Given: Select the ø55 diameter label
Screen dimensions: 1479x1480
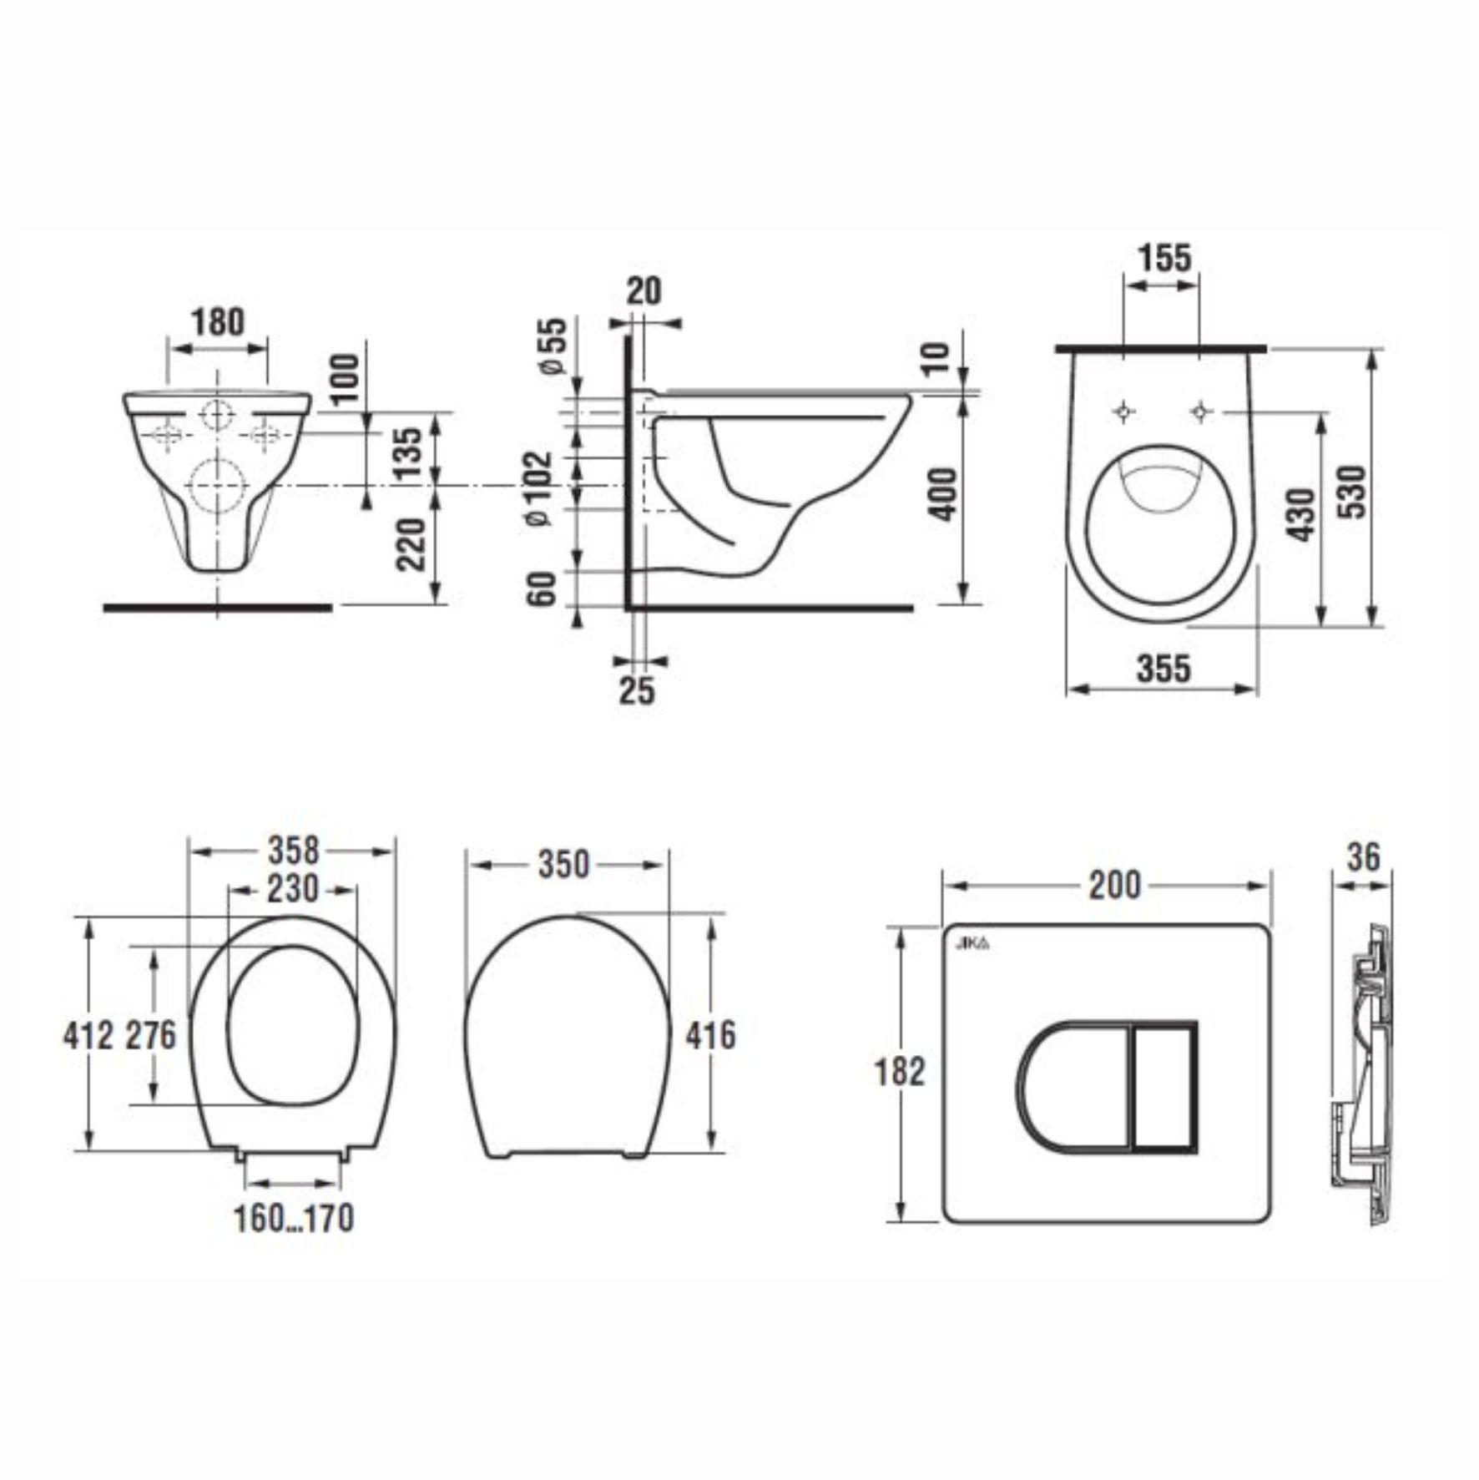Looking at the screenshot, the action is pos(553,346).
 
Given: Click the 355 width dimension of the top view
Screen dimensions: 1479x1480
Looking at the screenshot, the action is pos(1164,668).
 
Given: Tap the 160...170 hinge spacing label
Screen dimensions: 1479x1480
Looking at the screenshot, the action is pos(293,1218).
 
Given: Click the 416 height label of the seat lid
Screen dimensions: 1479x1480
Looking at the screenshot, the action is pos(710,1035).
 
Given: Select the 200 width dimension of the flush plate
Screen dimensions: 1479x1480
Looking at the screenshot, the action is pos(1114,885).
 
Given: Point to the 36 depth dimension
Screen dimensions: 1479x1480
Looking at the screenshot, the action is pos(1364,857).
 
